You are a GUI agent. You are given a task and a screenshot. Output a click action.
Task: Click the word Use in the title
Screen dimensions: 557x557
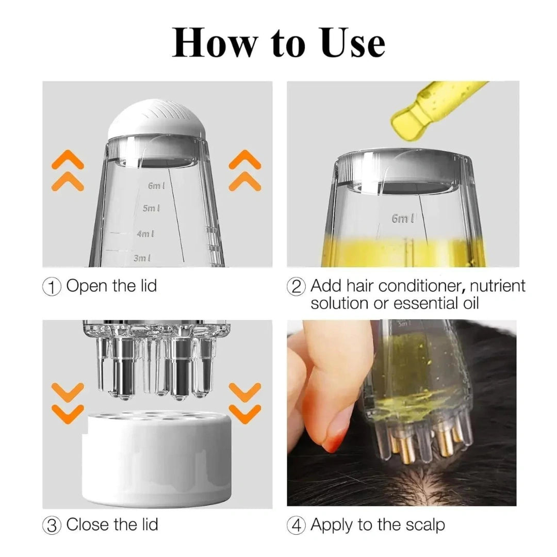pos(353,43)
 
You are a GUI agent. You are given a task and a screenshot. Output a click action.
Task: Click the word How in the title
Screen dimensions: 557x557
pos(214,43)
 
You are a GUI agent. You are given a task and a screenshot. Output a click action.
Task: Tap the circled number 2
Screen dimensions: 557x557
pos(297,286)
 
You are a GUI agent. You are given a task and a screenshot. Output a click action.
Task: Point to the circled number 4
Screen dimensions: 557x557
pos(297,526)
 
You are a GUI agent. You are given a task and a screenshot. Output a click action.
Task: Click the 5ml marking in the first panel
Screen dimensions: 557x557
pos(151,208)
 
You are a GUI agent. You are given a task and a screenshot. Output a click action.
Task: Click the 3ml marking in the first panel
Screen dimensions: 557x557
pos(142,258)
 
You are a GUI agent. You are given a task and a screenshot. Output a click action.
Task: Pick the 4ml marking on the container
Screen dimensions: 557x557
pos(145,234)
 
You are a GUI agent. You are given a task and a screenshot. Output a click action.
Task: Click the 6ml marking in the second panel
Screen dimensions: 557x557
pos(403,219)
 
